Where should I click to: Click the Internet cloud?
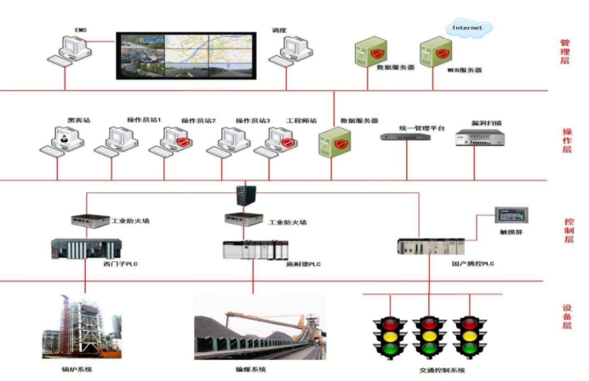467,29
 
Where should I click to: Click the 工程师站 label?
301,121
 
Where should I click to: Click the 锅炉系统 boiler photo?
81,327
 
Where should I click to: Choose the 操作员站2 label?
198,121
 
